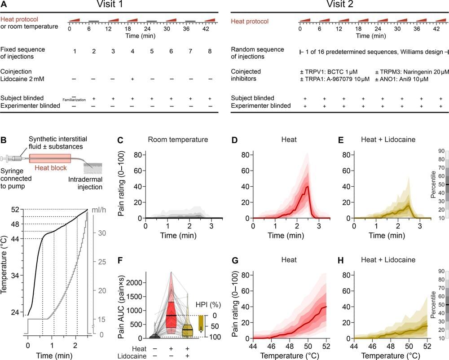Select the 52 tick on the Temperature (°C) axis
pos(15,210)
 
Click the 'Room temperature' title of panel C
pos(178,140)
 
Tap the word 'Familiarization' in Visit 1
pos(74,100)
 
